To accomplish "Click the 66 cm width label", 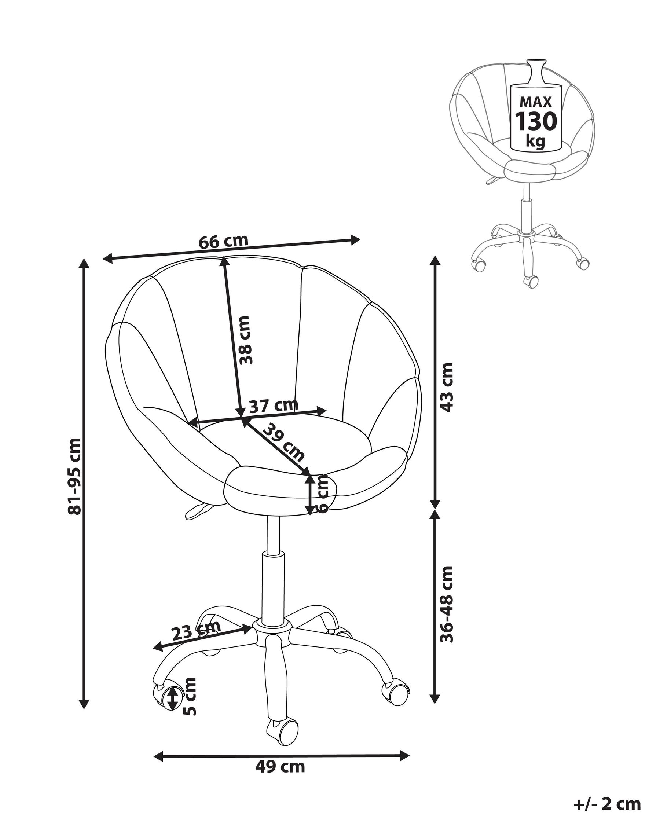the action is coord(223,242).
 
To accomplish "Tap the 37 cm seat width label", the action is coord(273,405).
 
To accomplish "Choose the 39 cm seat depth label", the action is coord(284,442).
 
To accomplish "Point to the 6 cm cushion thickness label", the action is coord(323,494).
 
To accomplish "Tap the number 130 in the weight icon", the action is coord(535,121).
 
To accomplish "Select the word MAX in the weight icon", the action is coord(535,102).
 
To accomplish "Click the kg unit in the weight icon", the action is coord(535,141).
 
